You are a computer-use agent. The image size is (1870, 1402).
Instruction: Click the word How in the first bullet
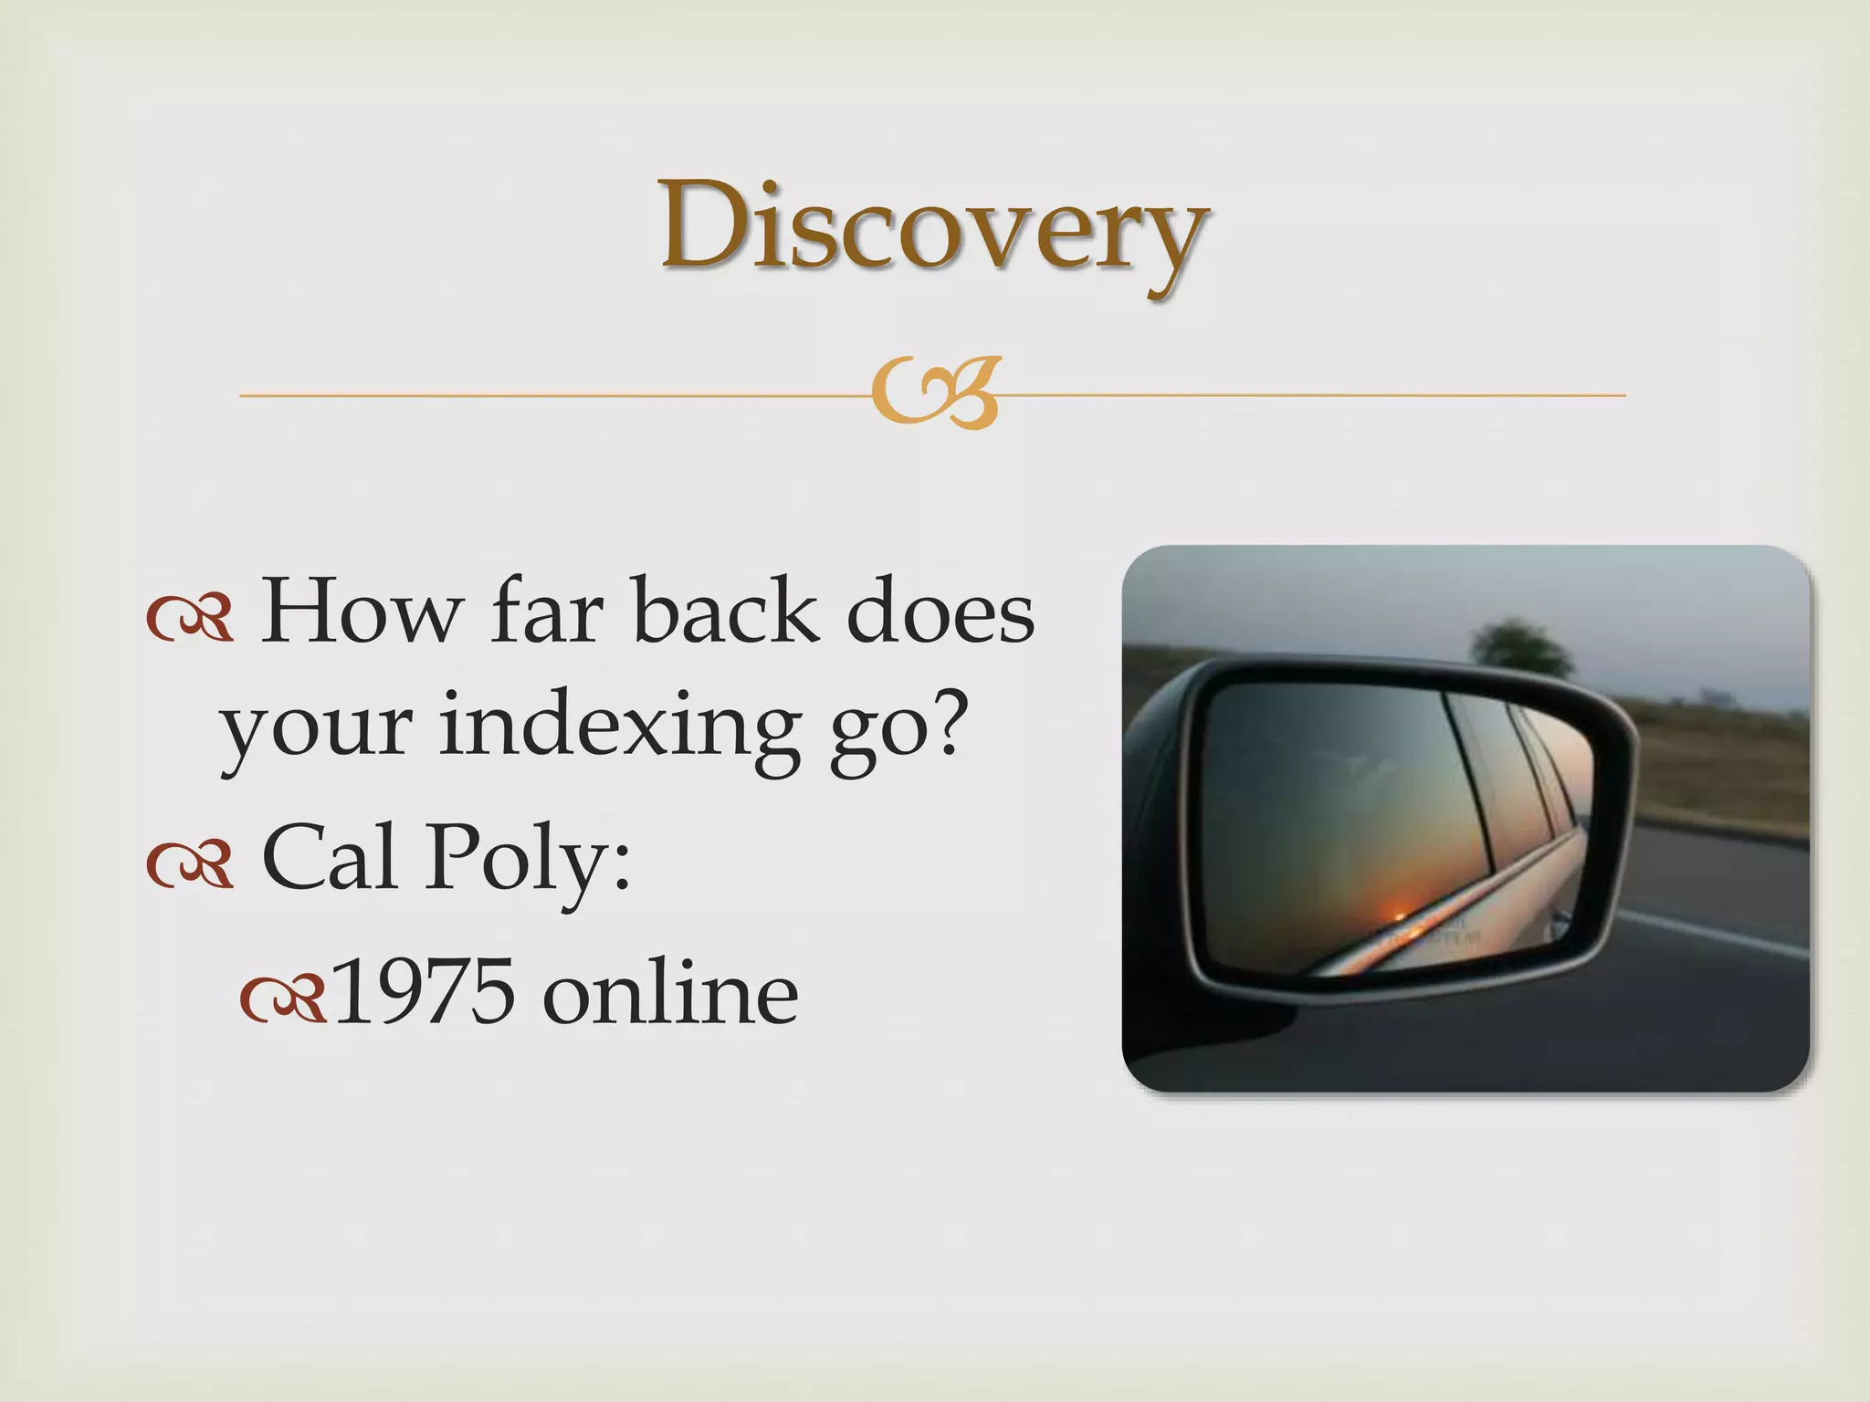point(359,612)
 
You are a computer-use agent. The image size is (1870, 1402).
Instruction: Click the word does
point(940,612)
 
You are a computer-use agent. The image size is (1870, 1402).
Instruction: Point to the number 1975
point(424,993)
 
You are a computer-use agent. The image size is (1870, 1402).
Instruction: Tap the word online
point(670,993)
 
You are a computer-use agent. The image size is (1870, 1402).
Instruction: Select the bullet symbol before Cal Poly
point(190,865)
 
